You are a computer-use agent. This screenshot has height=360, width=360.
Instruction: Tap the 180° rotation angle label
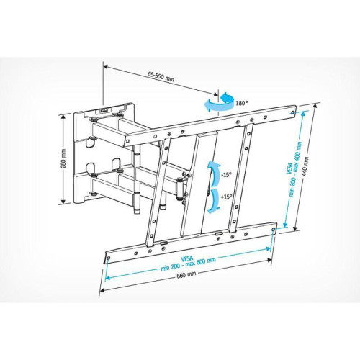pyautogui.click(x=242, y=104)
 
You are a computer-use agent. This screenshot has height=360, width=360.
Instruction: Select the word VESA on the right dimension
pyautogui.click(x=289, y=168)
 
